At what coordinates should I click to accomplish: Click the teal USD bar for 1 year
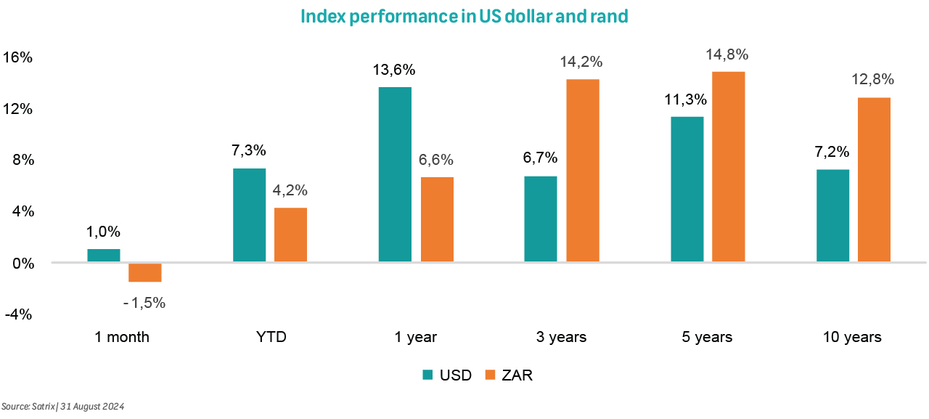pos(395,174)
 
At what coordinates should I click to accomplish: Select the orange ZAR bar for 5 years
pos(728,166)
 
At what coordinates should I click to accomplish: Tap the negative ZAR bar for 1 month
pos(145,272)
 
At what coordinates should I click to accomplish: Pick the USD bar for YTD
pos(249,215)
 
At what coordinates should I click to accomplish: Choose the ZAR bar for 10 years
pos(874,179)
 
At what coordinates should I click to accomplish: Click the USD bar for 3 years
pos(541,219)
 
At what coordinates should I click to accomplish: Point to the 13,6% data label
pos(395,70)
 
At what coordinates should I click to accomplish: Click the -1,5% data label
pos(144,303)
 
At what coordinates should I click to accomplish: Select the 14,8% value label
pos(728,55)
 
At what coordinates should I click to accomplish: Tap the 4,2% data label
pos(290,191)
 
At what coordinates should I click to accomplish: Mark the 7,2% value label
pos(832,152)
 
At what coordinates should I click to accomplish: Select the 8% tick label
pos(22,160)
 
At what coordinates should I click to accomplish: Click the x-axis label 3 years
pos(562,337)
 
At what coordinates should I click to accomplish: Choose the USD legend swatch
pos(428,375)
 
